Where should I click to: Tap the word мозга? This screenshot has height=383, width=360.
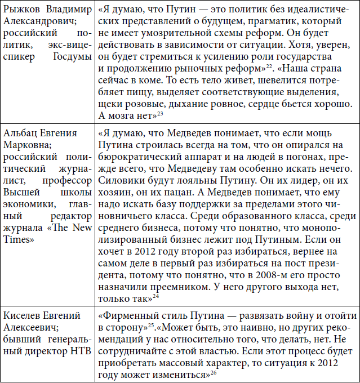(x=121, y=116)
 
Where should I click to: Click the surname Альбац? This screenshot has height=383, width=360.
(x=21, y=134)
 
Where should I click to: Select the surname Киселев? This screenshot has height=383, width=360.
(x=23, y=315)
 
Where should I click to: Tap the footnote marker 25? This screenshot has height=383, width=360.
(x=159, y=324)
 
